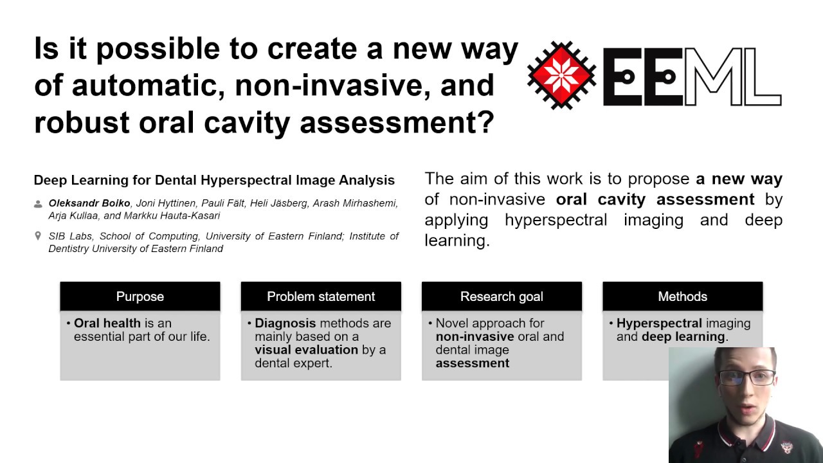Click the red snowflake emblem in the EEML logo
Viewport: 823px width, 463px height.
(x=561, y=75)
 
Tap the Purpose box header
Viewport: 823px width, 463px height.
(x=140, y=296)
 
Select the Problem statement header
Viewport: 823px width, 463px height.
(x=321, y=296)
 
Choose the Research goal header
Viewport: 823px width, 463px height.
(x=502, y=296)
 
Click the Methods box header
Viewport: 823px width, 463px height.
(x=682, y=296)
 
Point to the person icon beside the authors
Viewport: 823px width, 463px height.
(x=39, y=204)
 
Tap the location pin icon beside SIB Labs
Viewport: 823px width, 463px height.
(x=39, y=237)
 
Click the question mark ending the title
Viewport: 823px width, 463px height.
(x=485, y=122)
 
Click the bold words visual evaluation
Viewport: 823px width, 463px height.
(x=306, y=350)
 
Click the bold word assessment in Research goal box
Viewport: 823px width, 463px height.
(x=472, y=363)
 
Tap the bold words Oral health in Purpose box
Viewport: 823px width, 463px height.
(x=107, y=323)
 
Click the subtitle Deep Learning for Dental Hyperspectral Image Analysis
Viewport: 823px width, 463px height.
(x=214, y=180)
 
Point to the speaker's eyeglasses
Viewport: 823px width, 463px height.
(x=746, y=377)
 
